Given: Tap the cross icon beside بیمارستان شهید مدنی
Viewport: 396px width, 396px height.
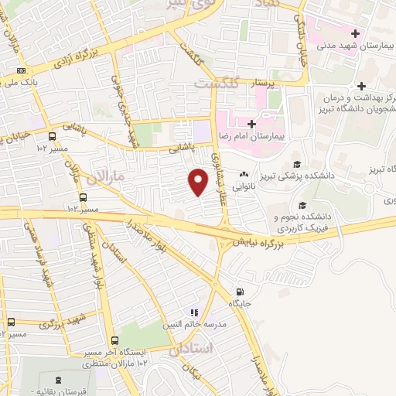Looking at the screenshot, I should pyautogui.click(x=355, y=33).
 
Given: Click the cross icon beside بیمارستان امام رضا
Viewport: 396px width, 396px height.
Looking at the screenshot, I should pyautogui.click(x=251, y=123).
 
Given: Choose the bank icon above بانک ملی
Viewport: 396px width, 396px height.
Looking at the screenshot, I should pyautogui.click(x=20, y=70).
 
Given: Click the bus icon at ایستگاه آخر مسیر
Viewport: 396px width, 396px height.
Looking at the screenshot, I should pyautogui.click(x=114, y=341).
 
